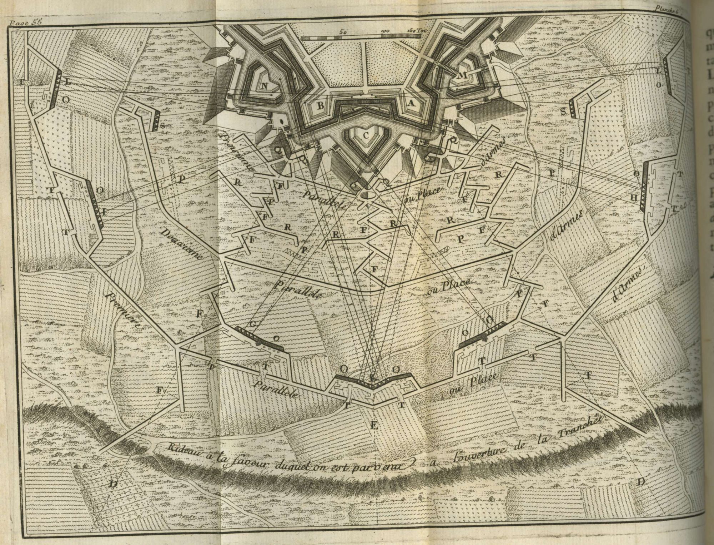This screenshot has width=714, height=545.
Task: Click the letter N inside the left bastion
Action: (x=265, y=85)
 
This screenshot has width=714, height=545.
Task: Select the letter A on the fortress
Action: (x=411, y=103)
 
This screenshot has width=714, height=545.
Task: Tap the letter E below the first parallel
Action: (x=374, y=425)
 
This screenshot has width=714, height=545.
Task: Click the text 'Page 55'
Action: (x=26, y=21)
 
